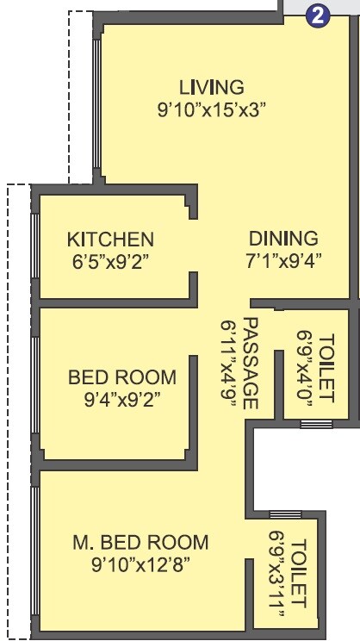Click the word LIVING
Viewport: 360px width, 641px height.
click(x=212, y=87)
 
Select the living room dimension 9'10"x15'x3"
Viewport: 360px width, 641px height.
click(x=212, y=109)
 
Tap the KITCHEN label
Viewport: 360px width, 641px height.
click(x=111, y=239)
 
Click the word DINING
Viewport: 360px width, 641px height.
click(x=283, y=239)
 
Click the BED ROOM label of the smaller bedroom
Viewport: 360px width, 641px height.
click(x=121, y=377)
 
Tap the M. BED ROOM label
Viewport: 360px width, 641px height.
click(x=140, y=542)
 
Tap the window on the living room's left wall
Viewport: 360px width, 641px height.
click(x=96, y=103)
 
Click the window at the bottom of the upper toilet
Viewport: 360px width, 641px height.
click(x=316, y=423)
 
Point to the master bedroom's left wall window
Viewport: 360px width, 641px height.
click(x=34, y=551)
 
